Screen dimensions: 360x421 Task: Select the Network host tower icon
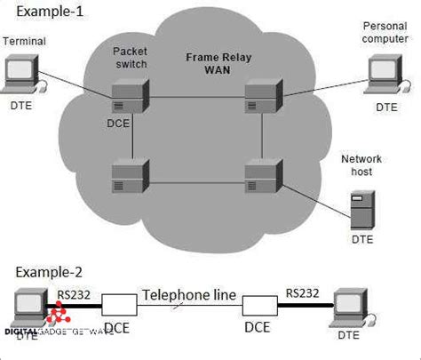(x=360, y=210)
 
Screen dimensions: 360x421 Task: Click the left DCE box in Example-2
(x=119, y=308)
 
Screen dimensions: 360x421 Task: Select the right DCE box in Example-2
(x=258, y=308)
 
